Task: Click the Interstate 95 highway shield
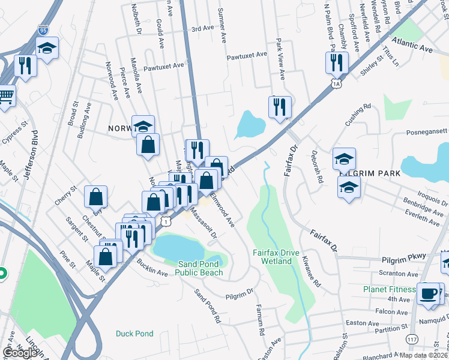click(43, 29)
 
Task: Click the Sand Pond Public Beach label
click(199, 268)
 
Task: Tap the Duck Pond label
click(135, 334)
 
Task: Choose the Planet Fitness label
click(389, 289)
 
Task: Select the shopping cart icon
click(5, 95)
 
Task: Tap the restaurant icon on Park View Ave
click(279, 107)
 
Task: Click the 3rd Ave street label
click(202, 28)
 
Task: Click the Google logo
click(20, 353)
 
